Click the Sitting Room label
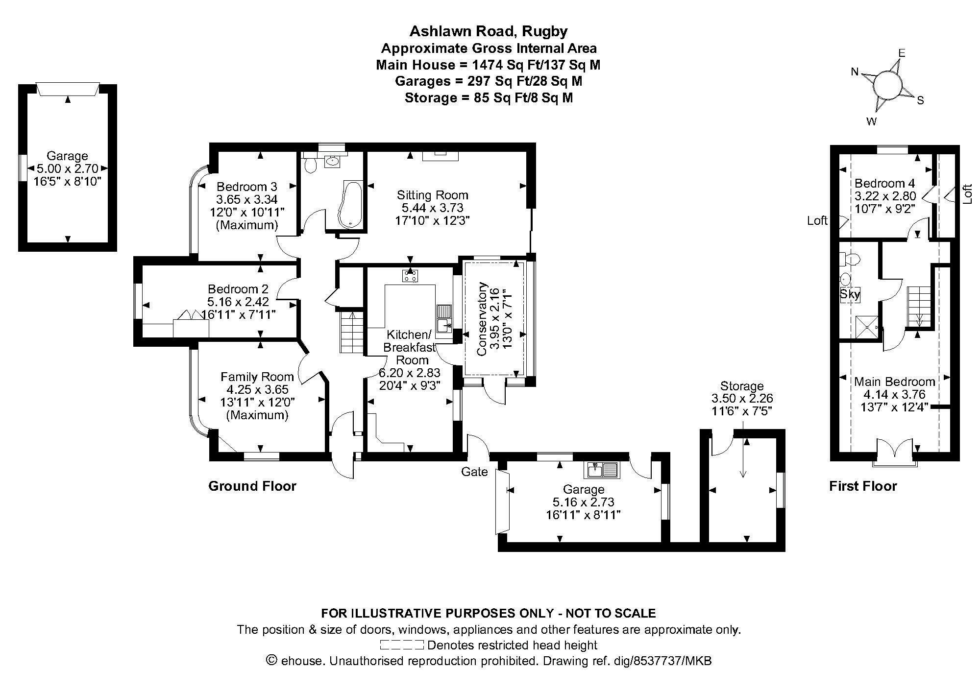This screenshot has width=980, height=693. tap(432, 195)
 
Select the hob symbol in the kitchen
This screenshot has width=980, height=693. tap(410, 276)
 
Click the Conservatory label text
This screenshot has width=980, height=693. tap(482, 319)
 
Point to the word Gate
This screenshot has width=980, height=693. tap(474, 472)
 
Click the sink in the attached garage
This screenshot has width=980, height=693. tap(602, 470)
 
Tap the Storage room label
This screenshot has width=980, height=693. tap(742, 386)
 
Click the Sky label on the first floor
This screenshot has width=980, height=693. tap(850, 295)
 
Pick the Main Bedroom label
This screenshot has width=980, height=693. tap(895, 382)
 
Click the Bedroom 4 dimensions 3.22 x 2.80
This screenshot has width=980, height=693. tap(884, 196)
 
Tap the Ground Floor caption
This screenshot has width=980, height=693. tap(252, 486)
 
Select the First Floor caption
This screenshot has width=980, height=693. tap(863, 486)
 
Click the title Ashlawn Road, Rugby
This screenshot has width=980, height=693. tap(489, 31)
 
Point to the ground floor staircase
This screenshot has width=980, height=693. tap(351, 332)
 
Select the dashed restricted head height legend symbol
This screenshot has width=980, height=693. tap(401, 645)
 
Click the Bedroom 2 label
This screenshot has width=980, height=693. tap(238, 289)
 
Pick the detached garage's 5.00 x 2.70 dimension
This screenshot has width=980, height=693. tap(68, 169)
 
